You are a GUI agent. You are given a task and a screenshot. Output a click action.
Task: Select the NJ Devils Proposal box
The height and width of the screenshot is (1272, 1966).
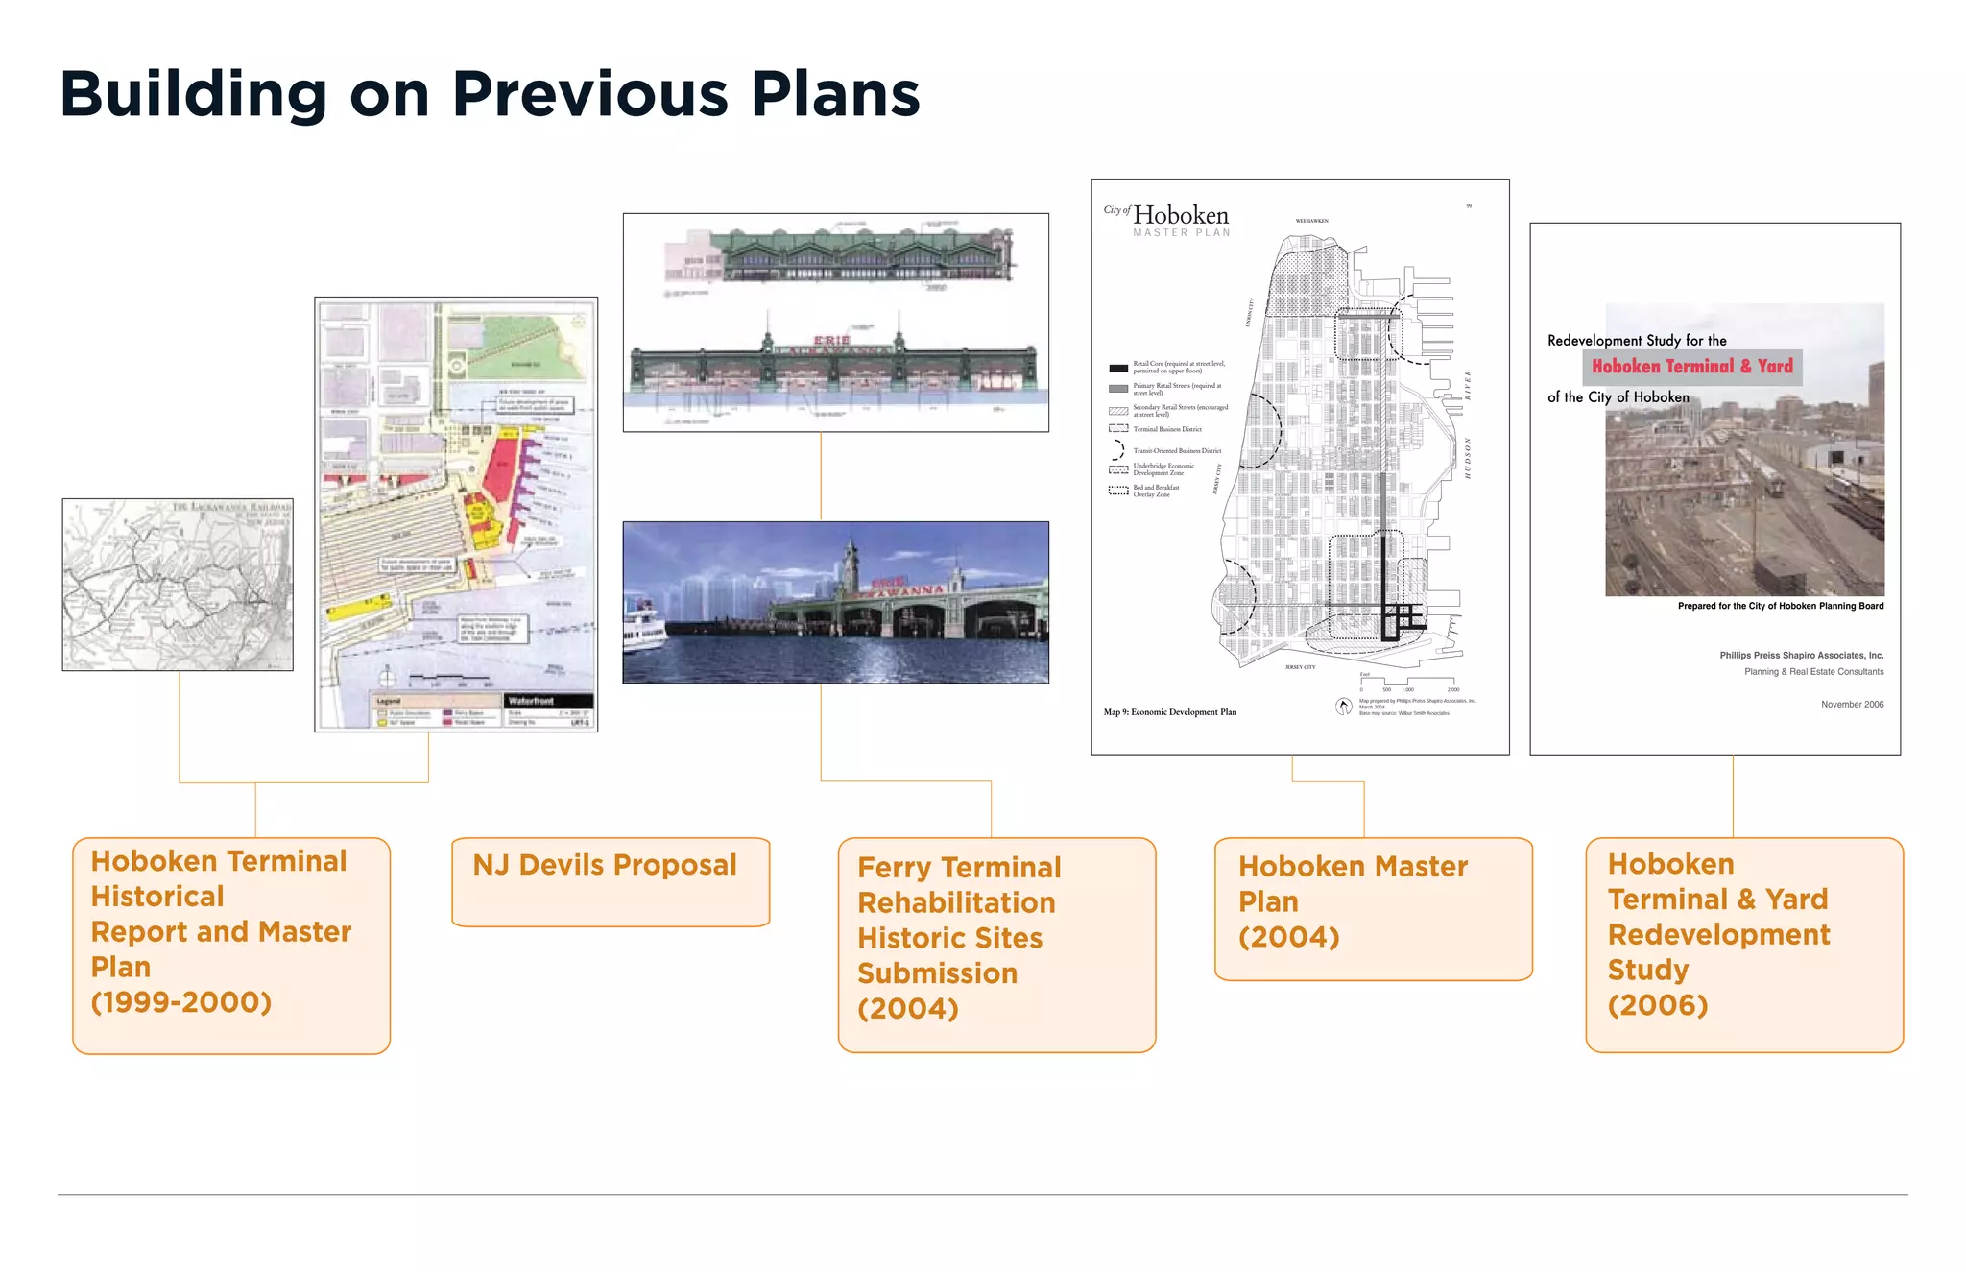pyautogui.click(x=611, y=880)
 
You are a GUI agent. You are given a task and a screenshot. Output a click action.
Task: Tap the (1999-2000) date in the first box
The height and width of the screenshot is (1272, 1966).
pyautogui.click(x=181, y=1002)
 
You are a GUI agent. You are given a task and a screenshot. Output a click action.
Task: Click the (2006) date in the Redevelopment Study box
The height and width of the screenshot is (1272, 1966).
pyautogui.click(x=1658, y=1005)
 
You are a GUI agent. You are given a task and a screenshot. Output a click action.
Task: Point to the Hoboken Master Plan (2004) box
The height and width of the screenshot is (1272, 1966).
pyautogui.click(x=1373, y=907)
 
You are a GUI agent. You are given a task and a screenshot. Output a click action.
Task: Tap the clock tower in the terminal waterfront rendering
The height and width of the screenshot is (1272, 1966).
pyautogui.click(x=850, y=566)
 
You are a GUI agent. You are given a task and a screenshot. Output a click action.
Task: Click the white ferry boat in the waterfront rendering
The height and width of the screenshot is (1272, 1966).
pyautogui.click(x=643, y=629)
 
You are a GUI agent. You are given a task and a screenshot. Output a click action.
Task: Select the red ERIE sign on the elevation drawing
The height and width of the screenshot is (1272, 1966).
pyautogui.click(x=831, y=341)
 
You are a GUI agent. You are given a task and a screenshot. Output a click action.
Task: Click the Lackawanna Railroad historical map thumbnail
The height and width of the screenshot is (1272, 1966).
pyautogui.click(x=178, y=584)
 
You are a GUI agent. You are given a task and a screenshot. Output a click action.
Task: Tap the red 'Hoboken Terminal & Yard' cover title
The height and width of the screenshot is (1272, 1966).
pyautogui.click(x=1691, y=367)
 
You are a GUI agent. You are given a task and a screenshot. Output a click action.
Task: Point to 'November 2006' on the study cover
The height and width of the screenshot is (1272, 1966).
pyautogui.click(x=1852, y=705)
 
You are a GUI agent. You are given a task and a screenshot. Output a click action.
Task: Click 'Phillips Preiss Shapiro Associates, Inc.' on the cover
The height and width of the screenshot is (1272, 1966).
pyautogui.click(x=1801, y=656)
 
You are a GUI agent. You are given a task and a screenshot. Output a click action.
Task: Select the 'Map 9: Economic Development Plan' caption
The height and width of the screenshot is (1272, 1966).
pyautogui.click(x=1169, y=712)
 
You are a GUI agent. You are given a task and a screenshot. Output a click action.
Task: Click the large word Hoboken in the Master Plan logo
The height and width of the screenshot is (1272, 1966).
pyautogui.click(x=1181, y=215)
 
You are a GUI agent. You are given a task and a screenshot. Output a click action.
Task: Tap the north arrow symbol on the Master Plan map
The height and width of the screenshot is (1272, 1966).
pyautogui.click(x=1344, y=707)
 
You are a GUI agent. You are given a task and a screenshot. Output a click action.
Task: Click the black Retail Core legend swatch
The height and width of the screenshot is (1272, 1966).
pyautogui.click(x=1117, y=368)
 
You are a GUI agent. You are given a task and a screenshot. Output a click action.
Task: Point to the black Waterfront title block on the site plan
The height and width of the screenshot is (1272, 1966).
pyautogui.click(x=548, y=701)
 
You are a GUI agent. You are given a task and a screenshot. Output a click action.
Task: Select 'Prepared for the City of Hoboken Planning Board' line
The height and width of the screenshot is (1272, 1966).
pyautogui.click(x=1780, y=606)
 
